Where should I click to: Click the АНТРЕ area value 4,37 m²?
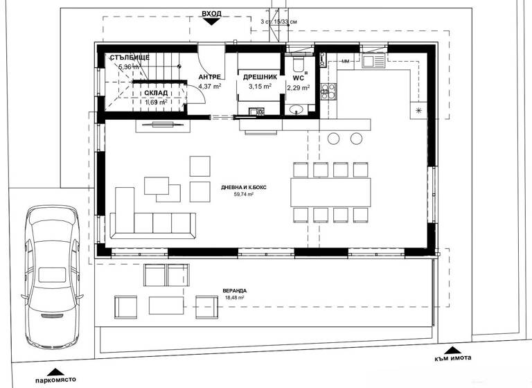[x=209, y=87]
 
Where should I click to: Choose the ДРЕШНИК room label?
[x=260, y=78]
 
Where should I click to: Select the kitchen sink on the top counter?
[x=373, y=62]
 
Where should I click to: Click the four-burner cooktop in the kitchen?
[x=328, y=91]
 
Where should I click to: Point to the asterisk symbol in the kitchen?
[x=418, y=109]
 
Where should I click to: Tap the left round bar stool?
[x=333, y=138]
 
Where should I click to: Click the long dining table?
[x=330, y=192]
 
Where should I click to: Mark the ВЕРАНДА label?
[x=236, y=291]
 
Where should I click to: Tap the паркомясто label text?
[x=53, y=380]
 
